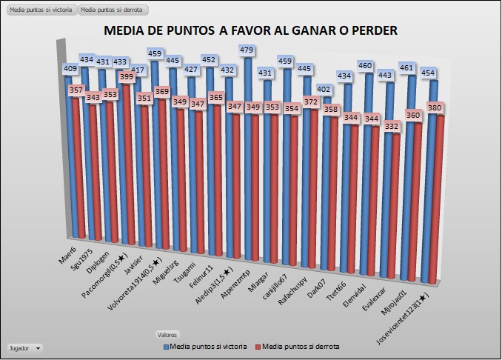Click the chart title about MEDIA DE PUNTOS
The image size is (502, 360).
tap(251, 30)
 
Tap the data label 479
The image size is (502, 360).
tap(247, 50)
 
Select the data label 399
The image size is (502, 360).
tap(127, 76)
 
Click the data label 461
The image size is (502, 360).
tap(417, 68)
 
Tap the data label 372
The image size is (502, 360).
tap(312, 101)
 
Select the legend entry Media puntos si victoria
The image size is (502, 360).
tap(204, 346)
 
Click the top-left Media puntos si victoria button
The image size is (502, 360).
tap(40, 10)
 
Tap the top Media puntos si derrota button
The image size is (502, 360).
tap(113, 10)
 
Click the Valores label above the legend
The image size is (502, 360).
tap(178, 335)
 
